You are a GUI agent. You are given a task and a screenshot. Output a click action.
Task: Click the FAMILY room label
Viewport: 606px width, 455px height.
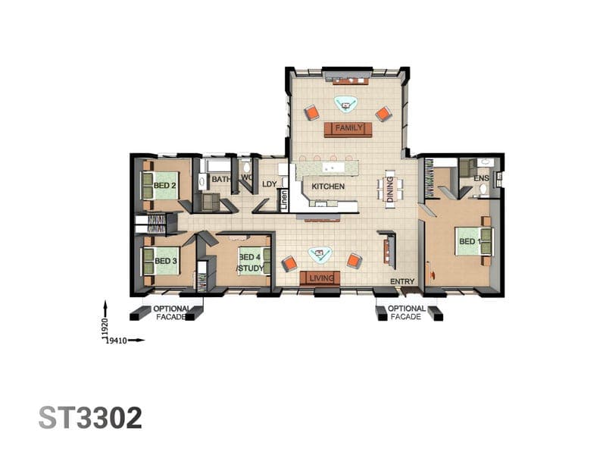point(349,127)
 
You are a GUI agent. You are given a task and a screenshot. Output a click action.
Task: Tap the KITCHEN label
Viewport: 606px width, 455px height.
point(328,187)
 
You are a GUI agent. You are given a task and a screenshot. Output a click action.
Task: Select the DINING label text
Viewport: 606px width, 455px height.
point(390,189)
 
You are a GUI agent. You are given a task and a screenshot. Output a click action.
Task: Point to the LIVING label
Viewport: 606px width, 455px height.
point(321,278)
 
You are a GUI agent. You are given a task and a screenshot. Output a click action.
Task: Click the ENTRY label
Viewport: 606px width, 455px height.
point(402,281)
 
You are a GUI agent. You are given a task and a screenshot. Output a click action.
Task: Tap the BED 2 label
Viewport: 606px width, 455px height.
point(164,186)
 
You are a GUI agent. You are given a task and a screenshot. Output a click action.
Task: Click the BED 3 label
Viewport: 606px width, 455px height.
point(166,261)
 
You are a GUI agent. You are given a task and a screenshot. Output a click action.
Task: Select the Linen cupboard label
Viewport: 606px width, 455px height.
point(284,200)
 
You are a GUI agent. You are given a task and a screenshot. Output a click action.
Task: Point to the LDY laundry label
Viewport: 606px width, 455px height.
point(270,184)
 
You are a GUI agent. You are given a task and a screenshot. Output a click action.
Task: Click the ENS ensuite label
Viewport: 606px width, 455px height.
point(481,178)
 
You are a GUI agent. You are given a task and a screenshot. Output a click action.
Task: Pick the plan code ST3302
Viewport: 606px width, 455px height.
point(90,418)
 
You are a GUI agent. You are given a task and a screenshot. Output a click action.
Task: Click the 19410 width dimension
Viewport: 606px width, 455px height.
point(117,340)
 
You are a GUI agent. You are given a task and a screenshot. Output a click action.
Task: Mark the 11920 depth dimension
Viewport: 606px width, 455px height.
point(104,330)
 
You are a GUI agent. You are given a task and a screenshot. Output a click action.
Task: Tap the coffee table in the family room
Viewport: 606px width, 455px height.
point(346,104)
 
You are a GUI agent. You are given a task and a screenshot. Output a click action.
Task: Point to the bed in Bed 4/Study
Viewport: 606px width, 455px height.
point(254,261)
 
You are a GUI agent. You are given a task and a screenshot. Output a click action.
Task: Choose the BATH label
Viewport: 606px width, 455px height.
point(220,180)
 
